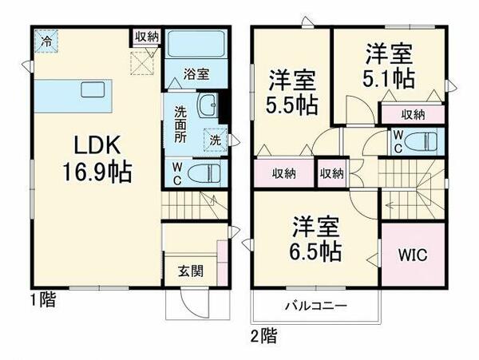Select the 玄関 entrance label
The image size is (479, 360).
pos(190,270)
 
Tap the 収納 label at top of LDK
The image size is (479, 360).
pos(146,37)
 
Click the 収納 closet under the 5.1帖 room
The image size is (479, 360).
pos(411,114)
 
